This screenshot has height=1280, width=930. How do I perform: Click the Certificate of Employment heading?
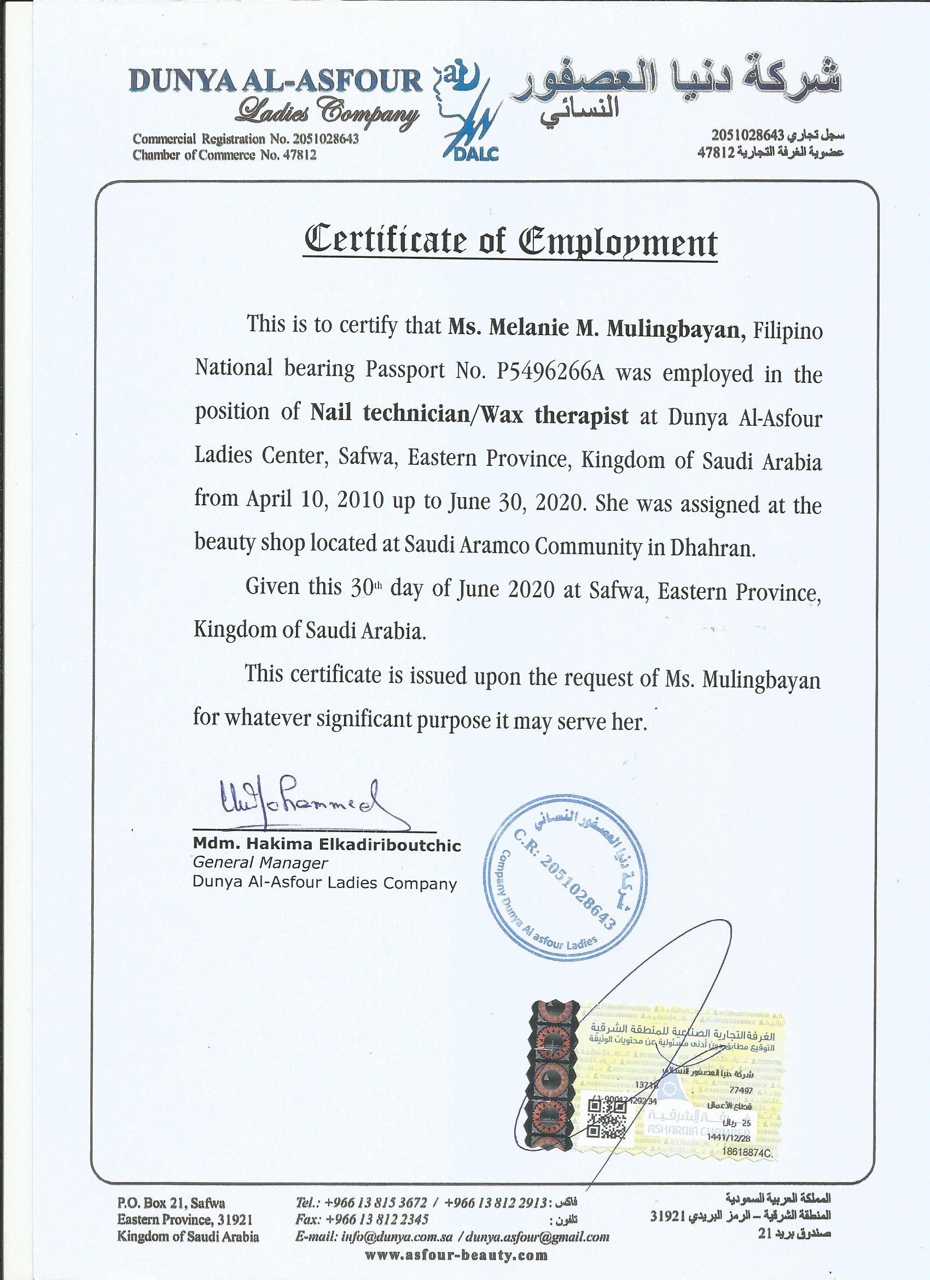[510, 242]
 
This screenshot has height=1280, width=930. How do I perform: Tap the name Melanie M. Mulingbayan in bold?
[594, 330]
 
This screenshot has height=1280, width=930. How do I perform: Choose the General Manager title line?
[260, 863]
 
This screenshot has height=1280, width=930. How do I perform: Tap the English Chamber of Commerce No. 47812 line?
[224, 155]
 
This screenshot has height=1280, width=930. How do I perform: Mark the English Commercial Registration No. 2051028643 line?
[245, 139]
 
